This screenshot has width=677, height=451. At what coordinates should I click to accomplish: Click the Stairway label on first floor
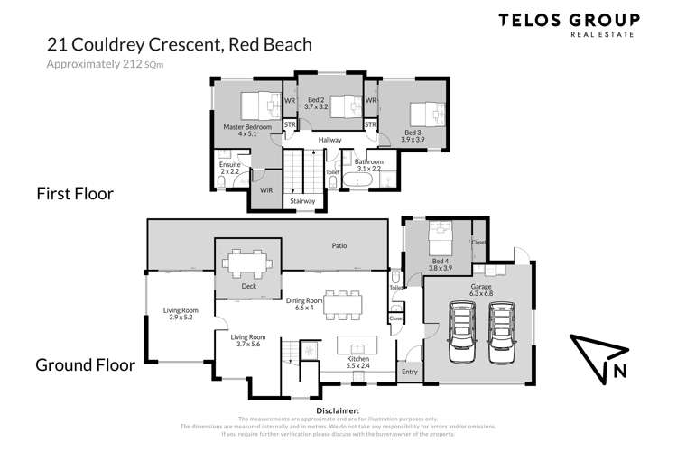coord(302,201)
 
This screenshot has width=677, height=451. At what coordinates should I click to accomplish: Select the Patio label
coord(338,245)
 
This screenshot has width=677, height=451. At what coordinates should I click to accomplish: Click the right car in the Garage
coord(502,331)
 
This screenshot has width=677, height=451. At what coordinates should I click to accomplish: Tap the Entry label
coord(410,370)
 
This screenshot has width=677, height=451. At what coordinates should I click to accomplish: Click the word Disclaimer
coord(338,410)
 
